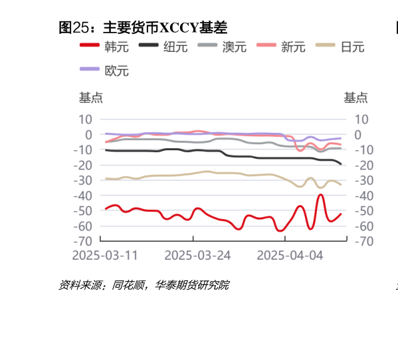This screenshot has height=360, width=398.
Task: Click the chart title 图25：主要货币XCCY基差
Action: coord(144,28)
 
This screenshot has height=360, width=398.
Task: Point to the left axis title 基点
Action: coord(91,98)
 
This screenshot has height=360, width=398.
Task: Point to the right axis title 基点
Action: coord(355,98)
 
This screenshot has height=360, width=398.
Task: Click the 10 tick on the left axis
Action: coord(85,120)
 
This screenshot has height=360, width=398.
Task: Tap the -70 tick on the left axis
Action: coord(82,241)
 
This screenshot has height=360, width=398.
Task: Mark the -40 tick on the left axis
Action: coord(82,195)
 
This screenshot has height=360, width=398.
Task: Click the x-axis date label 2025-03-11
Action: coord(105,256)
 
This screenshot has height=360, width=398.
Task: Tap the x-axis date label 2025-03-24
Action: coord(197,256)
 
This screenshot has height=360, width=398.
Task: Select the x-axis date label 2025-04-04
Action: coord(290,256)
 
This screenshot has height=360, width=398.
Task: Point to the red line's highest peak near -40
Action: coord(321,195)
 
